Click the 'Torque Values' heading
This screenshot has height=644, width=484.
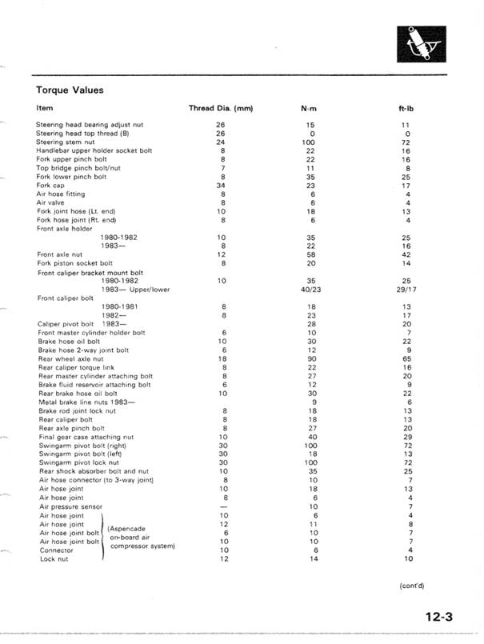(70, 90)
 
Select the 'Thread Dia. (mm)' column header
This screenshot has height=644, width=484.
(221, 107)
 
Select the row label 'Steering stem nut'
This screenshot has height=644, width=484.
(65, 141)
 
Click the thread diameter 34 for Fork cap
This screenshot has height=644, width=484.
(221, 185)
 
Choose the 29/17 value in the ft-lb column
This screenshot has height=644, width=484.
(407, 289)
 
